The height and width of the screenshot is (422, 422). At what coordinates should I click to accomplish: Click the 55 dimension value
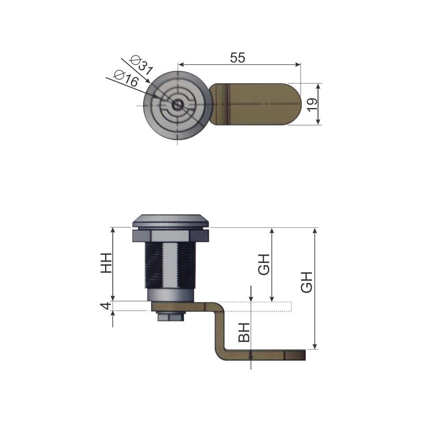point(237,57)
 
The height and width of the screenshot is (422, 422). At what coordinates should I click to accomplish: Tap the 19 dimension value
point(312,105)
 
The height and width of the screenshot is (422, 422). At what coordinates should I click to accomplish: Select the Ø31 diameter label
point(141,65)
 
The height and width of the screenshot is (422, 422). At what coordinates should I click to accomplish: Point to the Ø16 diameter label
point(126,78)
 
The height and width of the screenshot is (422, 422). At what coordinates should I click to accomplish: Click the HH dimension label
point(106,263)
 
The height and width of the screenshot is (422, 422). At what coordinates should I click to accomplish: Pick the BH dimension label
point(244,333)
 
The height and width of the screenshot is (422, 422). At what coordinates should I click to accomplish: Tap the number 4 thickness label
point(105,306)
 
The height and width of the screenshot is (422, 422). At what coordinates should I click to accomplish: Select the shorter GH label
point(264,264)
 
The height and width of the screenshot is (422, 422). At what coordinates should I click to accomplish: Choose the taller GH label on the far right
point(306,282)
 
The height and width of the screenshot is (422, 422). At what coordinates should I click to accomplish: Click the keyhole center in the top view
point(177,105)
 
